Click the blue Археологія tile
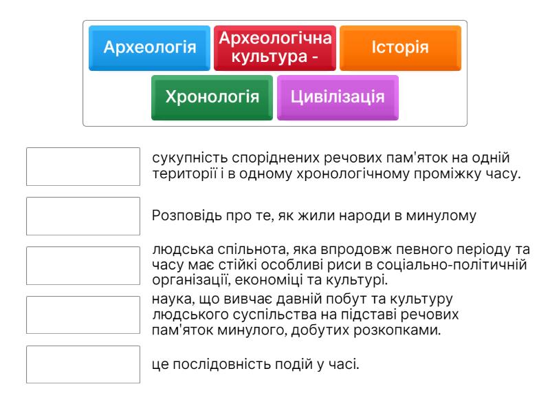click(x=149, y=48)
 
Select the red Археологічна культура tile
click(x=275, y=48)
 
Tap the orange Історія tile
click(x=400, y=48)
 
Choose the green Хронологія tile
click(x=212, y=98)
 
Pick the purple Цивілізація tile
click(x=338, y=98)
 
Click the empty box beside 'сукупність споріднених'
click(x=83, y=167)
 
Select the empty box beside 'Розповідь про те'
click(x=83, y=216)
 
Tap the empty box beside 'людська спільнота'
click(x=83, y=266)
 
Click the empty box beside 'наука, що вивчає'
click(x=83, y=315)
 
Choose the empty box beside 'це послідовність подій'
click(x=83, y=365)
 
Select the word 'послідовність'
click(x=221, y=364)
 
